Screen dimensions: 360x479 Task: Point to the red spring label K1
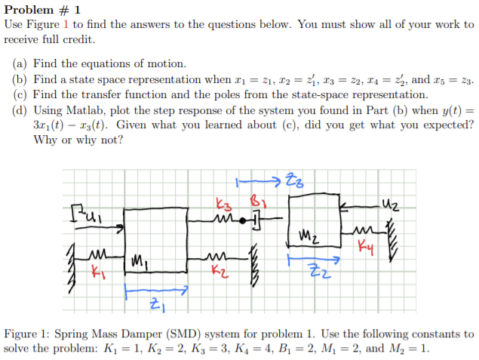pyautogui.click(x=96, y=268)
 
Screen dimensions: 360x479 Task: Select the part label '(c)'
pyautogui.click(x=22, y=95)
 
